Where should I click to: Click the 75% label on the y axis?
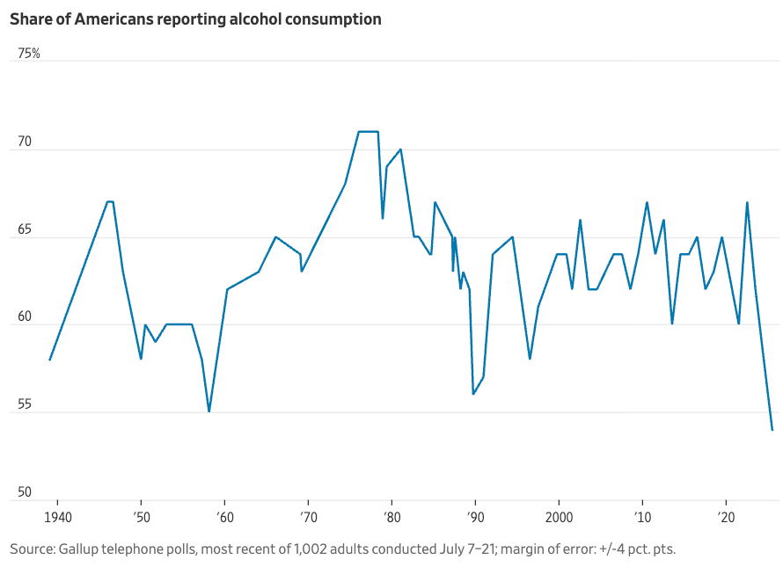coord(29,54)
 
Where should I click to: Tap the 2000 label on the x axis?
coord(559,514)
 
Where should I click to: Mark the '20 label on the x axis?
coord(726,514)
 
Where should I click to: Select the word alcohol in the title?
coord(255,18)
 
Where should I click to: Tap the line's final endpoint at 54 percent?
coord(772,430)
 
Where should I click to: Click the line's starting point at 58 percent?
coord(50,360)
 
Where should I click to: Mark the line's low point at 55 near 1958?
coord(209,411)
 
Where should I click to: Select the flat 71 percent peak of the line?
coord(369,132)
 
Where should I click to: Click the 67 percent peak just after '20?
coord(747,202)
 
